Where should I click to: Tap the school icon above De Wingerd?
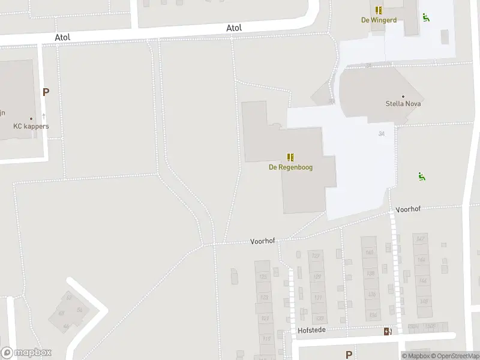click(x=379, y=10)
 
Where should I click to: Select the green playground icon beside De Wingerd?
click(x=425, y=18)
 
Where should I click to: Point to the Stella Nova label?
click(x=403, y=104)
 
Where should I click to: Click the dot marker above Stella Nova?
click(x=403, y=96)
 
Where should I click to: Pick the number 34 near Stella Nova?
click(x=382, y=133)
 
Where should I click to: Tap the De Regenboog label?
click(x=290, y=167)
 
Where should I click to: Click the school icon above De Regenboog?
click(x=290, y=158)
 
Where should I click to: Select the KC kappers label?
click(x=31, y=127)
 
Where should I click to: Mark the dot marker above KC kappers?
click(x=31, y=119)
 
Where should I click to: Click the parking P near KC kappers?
click(x=46, y=92)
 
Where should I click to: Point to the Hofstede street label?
click(x=311, y=331)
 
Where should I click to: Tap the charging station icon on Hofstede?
click(x=388, y=331)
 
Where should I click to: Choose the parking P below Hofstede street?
click(x=349, y=355)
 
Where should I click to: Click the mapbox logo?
click(x=26, y=353)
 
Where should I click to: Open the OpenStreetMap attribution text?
click(x=454, y=356)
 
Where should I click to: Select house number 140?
click(x=370, y=253)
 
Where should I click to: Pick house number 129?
click(x=318, y=277)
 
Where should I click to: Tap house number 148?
click(x=424, y=301)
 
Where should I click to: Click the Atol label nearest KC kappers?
click(x=62, y=37)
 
